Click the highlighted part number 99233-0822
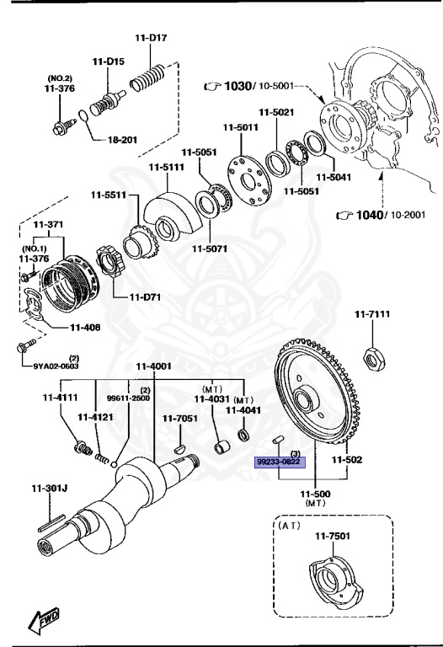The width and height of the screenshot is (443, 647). [280, 462]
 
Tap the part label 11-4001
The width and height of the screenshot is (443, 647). [154, 366]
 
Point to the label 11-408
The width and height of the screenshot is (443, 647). [85, 326]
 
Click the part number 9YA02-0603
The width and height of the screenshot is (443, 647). [56, 365]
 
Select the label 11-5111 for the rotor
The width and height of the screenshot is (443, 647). [166, 167]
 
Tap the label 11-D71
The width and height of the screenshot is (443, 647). [145, 297]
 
